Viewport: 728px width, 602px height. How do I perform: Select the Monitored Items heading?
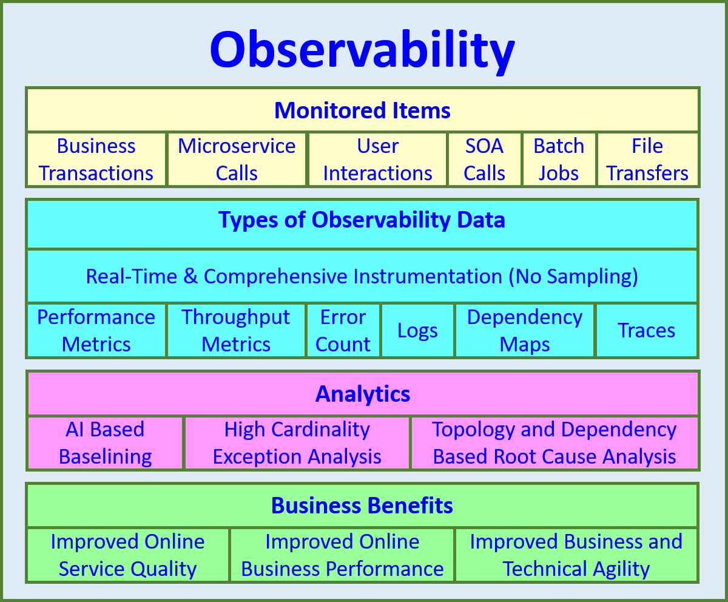(362, 110)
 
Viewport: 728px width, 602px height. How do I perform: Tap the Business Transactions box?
(96, 160)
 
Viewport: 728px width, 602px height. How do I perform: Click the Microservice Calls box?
(237, 160)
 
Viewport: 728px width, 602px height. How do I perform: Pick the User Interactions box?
(377, 160)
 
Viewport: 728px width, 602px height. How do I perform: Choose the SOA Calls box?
(484, 160)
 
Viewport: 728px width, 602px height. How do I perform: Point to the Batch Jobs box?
(559, 160)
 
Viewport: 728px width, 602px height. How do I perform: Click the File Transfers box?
(647, 160)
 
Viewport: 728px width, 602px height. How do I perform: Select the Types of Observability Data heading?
(362, 220)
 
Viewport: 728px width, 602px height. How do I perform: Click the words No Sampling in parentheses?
(573, 277)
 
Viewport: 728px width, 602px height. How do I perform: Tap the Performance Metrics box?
(96, 331)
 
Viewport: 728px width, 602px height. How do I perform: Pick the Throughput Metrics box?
(236, 331)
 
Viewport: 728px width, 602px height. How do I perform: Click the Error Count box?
(343, 331)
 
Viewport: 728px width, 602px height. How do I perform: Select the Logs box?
(417, 331)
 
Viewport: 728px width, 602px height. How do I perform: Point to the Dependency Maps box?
(525, 331)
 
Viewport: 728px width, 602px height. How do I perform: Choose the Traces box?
(646, 331)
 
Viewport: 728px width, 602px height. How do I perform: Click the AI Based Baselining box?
(105, 443)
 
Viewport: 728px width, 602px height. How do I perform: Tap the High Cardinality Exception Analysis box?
(297, 443)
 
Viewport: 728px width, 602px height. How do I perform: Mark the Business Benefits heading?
(362, 506)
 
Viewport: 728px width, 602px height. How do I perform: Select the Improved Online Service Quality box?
(127, 555)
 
